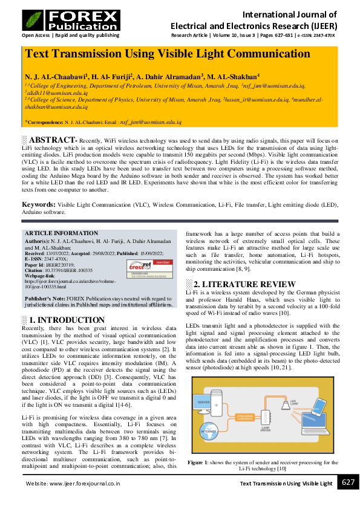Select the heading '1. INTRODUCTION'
(x=59, y=320)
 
